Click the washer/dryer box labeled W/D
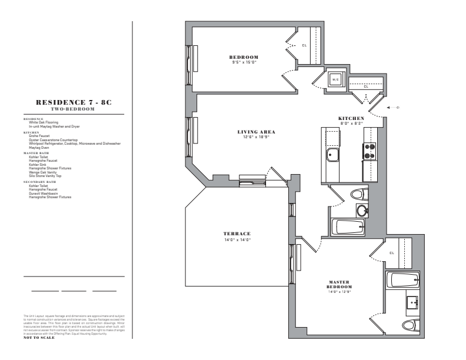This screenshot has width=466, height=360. click(x=335, y=79)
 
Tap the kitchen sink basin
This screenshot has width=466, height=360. click(x=333, y=155)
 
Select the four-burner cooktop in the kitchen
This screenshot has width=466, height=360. click(x=370, y=152)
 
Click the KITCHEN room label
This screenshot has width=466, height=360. click(x=351, y=118)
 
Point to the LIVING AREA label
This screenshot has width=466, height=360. click(x=257, y=132)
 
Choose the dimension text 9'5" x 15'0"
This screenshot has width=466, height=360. click(x=244, y=62)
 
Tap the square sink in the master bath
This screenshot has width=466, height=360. click(x=412, y=303)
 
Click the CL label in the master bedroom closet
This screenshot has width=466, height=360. click(x=391, y=254)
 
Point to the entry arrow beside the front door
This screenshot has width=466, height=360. click(x=389, y=108)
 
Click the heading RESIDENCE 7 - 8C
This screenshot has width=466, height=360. click(x=74, y=102)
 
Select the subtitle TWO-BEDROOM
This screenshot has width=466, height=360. click(x=74, y=109)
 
